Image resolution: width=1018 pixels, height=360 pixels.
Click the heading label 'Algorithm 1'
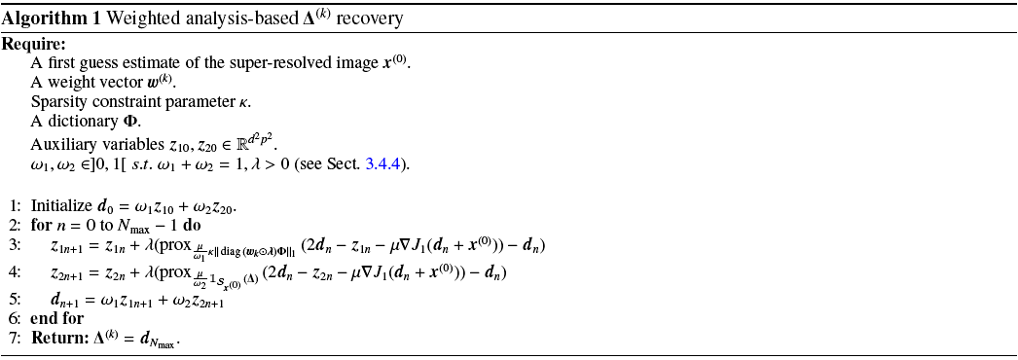[x=39, y=19]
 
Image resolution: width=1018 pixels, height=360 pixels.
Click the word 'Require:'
[x=34, y=45]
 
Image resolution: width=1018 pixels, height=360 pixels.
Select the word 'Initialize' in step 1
[x=61, y=206]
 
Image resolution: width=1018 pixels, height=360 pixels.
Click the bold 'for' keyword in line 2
[x=42, y=226]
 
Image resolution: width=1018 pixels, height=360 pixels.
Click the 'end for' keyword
[x=57, y=318]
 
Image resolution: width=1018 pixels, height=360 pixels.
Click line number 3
[x=15, y=244]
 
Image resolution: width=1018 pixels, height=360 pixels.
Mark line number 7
[x=15, y=339]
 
